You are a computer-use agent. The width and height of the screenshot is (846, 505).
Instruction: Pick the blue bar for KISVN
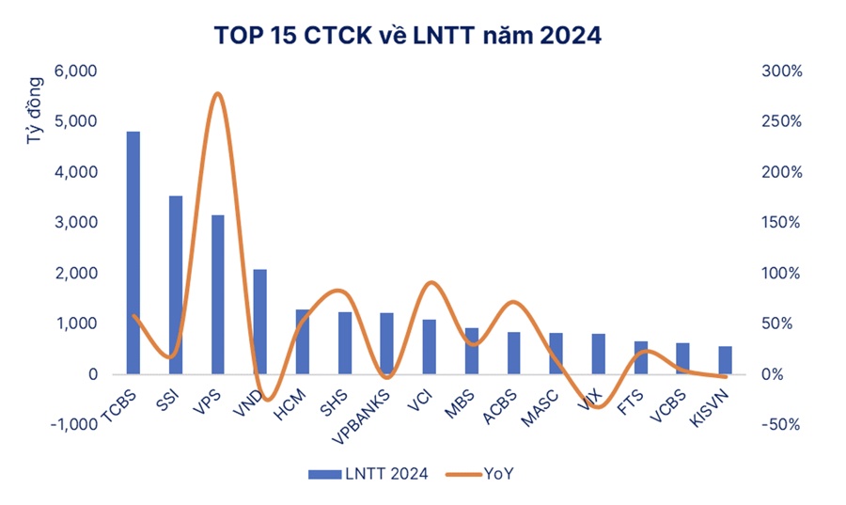coord(725,360)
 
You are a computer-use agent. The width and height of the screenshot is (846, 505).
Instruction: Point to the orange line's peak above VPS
coord(218,94)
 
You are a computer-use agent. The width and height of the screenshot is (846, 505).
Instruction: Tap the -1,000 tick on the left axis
coord(73,424)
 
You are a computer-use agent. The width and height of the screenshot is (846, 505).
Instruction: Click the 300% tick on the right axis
coord(781,71)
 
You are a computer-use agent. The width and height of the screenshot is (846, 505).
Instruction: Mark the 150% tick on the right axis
coord(781,223)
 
